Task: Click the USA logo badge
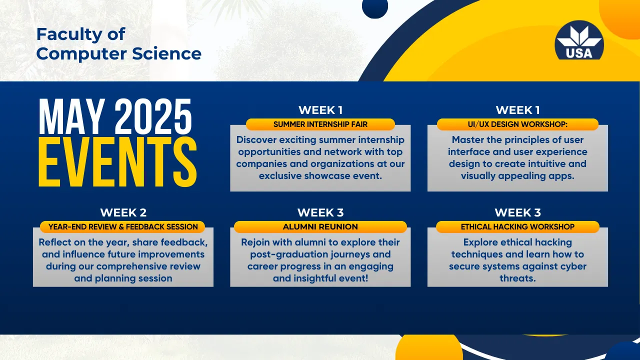point(579,40)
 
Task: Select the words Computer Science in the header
point(119,53)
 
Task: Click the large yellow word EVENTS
point(117,162)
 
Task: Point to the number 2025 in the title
point(153,116)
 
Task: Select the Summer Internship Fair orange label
point(320,124)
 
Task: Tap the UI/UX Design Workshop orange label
point(517,124)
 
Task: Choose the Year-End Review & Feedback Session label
point(123,226)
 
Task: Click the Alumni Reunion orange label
point(320,226)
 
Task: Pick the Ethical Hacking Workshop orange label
point(517,226)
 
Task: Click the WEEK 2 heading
point(123,212)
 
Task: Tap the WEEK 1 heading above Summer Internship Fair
point(320,110)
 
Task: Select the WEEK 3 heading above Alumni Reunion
point(320,212)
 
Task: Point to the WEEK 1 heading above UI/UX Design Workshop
point(517,110)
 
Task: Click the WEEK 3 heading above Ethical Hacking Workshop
point(517,212)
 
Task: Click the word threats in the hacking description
point(517,278)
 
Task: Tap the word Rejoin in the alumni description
point(255,242)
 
